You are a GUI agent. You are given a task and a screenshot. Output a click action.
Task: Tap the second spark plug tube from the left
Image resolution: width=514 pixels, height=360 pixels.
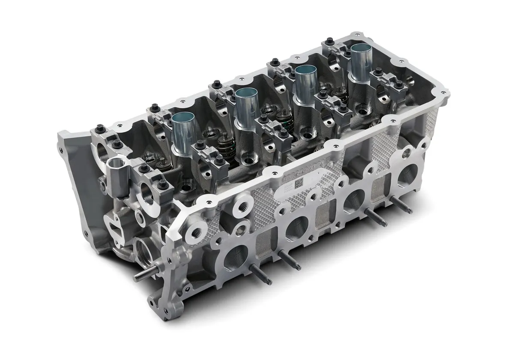point(245,108)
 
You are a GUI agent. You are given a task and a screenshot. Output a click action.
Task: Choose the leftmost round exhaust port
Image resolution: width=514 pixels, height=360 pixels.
point(235,260)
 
